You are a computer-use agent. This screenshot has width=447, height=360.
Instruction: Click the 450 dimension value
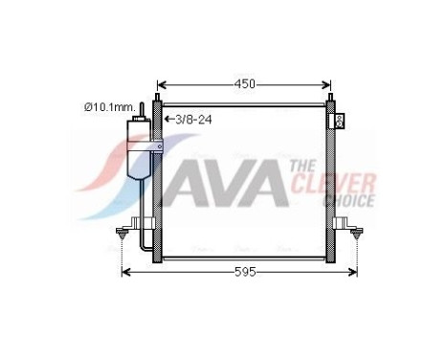tap(245, 84)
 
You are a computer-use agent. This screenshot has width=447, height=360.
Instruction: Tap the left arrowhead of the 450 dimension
tap(159, 84)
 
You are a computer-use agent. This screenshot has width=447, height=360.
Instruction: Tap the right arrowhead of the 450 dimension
tap(330, 84)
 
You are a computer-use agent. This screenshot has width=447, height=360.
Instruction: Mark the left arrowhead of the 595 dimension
tap(124, 272)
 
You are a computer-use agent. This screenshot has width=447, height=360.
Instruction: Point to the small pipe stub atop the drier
tap(142, 108)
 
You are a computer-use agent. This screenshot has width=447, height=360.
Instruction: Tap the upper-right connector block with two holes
tap(340, 121)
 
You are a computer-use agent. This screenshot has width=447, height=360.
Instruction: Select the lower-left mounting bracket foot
tap(123, 233)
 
